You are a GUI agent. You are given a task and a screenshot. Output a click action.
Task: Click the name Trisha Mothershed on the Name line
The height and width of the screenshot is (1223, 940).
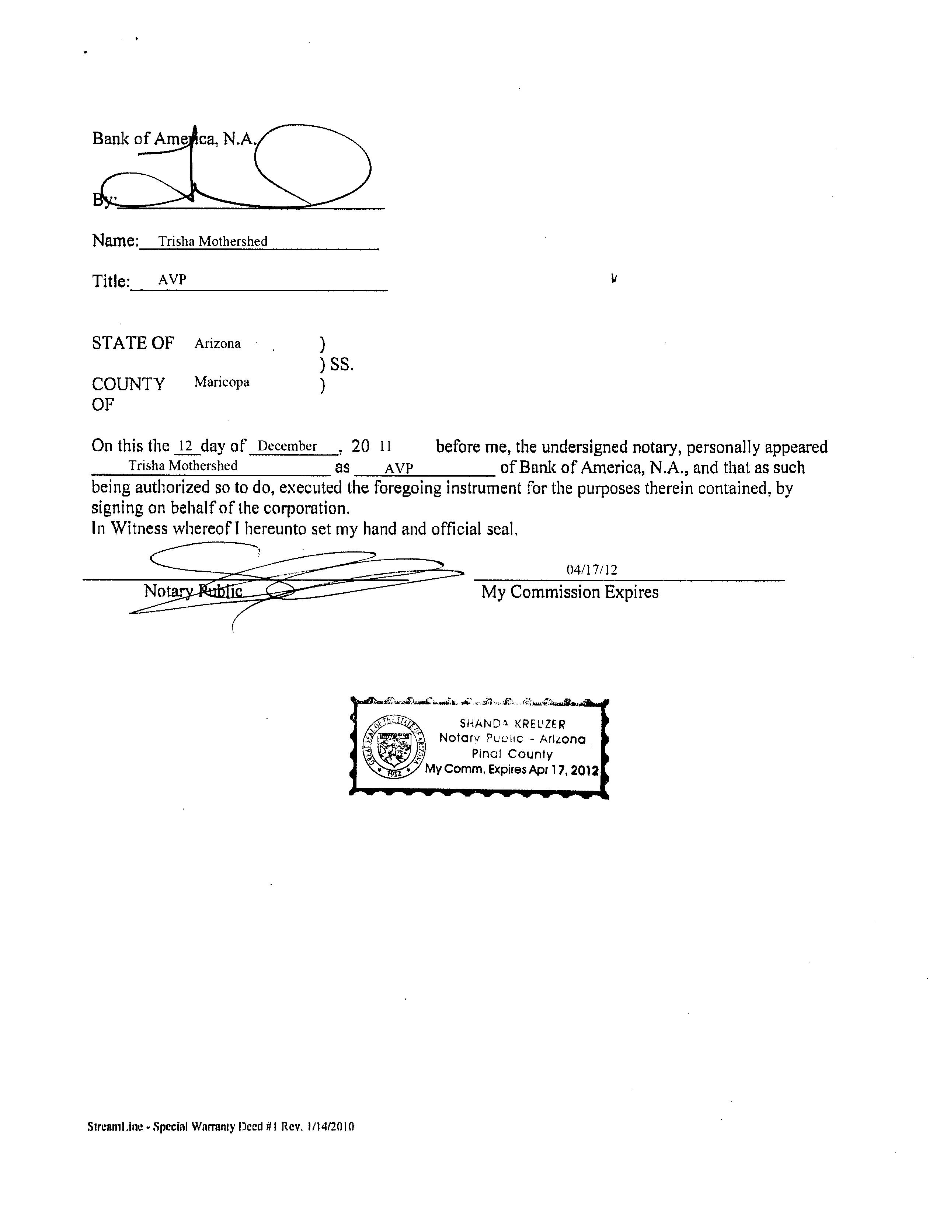pyautogui.click(x=213, y=241)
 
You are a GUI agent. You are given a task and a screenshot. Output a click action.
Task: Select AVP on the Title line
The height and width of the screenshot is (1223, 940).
pyautogui.click(x=172, y=280)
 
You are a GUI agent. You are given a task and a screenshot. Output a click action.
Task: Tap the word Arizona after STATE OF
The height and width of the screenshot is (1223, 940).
pyautogui.click(x=217, y=344)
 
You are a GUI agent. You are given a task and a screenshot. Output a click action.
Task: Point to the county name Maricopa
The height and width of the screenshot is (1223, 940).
pyautogui.click(x=222, y=382)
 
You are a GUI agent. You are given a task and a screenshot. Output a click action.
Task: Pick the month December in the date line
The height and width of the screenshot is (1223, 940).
pyautogui.click(x=287, y=446)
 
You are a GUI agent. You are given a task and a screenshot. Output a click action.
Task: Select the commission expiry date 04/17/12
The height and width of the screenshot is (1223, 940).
pyautogui.click(x=591, y=569)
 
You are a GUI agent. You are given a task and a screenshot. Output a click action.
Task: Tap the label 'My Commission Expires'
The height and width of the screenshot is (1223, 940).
pyautogui.click(x=570, y=592)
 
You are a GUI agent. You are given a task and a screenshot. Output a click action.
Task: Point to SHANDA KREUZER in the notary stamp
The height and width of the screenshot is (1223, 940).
pyautogui.click(x=512, y=724)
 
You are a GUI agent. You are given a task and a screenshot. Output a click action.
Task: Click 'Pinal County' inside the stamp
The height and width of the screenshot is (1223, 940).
pyautogui.click(x=511, y=754)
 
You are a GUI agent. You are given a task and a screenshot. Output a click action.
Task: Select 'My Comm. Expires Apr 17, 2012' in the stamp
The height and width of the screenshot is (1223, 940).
pyautogui.click(x=511, y=769)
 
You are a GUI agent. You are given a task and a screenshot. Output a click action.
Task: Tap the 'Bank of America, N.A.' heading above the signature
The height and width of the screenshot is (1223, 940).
pyautogui.click(x=174, y=138)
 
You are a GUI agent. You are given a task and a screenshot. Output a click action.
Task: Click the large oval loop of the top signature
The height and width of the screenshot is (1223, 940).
pyautogui.click(x=312, y=165)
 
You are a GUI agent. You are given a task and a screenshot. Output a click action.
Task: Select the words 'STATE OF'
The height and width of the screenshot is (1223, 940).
pyautogui.click(x=133, y=343)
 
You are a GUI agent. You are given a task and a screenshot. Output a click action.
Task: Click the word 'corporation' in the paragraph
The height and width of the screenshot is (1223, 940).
pyautogui.click(x=306, y=509)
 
